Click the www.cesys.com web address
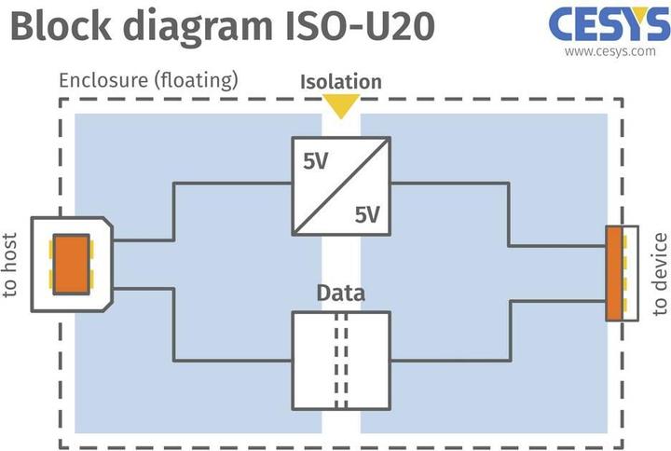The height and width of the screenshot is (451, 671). tap(609, 52)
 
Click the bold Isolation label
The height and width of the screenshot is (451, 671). tap(341, 81)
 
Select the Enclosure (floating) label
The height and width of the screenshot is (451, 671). tap(148, 80)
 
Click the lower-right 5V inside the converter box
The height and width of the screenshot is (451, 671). tap(367, 215)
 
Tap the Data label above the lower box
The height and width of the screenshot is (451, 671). tap(341, 294)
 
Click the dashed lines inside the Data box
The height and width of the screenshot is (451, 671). tap(341, 360)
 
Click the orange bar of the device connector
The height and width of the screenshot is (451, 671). tap(613, 273)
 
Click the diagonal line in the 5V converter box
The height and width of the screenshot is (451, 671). tap(341, 186)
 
